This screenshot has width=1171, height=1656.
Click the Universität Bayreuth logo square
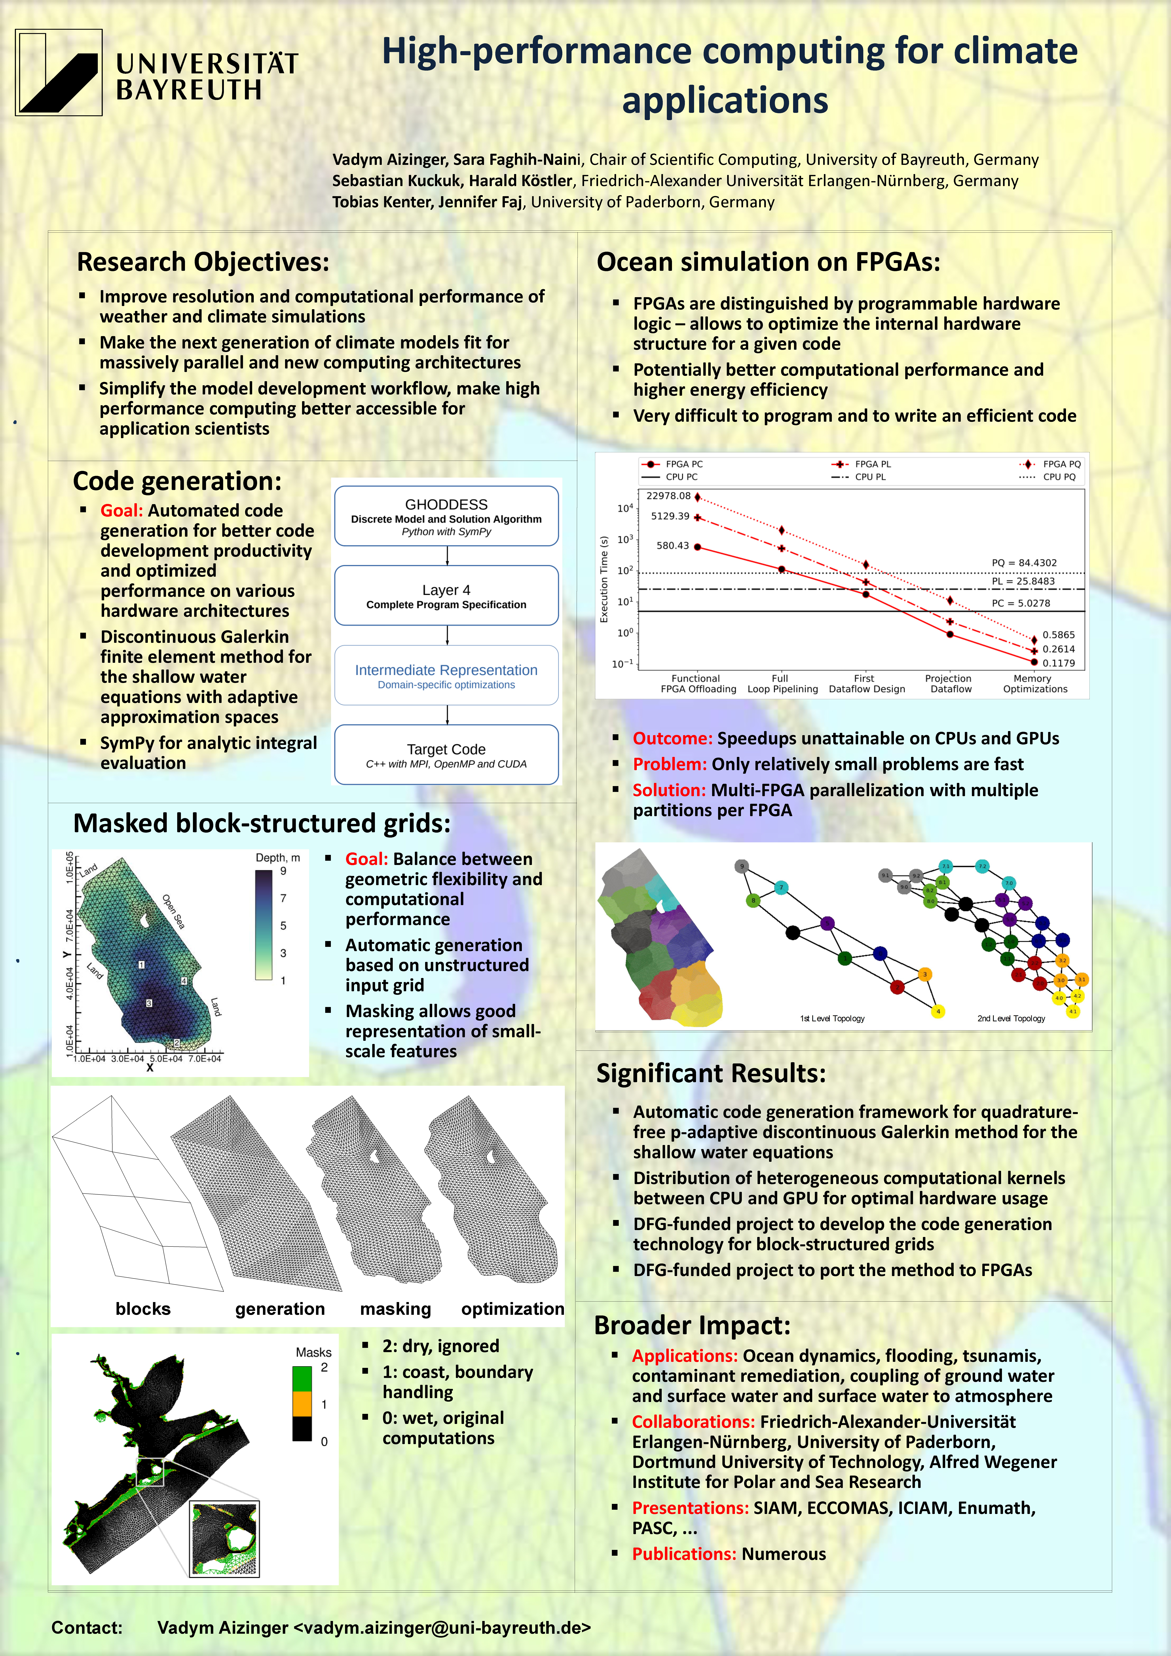pos(58,72)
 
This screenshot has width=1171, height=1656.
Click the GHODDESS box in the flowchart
pos(446,516)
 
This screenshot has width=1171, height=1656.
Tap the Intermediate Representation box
pos(446,675)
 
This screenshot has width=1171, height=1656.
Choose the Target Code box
pos(446,754)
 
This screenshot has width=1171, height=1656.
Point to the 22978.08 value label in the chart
pos(668,495)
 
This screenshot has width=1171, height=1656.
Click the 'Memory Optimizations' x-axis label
pos(1035,684)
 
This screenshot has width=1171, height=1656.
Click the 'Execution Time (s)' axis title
pos(604,578)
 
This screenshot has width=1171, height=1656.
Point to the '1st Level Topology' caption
pos(832,1018)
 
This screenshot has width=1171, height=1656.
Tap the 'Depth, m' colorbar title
pos(278,858)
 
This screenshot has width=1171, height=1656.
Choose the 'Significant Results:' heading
pos(710,1073)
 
